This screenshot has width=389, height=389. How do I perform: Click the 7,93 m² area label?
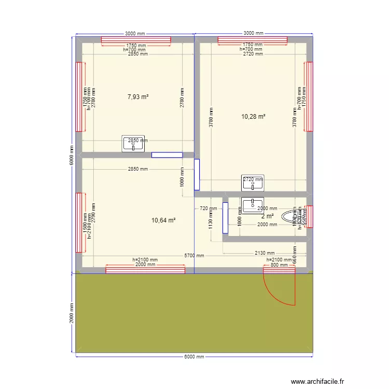[x=138, y=96]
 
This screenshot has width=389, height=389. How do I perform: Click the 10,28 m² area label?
[x=253, y=117]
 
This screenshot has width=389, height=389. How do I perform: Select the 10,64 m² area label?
[x=163, y=220]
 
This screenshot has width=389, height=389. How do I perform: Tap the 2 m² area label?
[x=267, y=216]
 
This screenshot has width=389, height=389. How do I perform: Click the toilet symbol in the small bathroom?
[x=289, y=216]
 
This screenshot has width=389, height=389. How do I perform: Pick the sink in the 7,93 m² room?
[x=133, y=145]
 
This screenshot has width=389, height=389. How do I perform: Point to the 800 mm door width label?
[x=278, y=265]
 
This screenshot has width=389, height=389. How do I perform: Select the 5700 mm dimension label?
[x=194, y=256]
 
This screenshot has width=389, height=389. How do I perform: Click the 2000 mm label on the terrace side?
[x=72, y=313]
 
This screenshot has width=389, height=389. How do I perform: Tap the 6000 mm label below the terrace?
[x=194, y=357]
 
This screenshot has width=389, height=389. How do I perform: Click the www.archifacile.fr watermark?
[x=318, y=381]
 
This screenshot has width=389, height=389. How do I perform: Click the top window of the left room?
[x=135, y=40]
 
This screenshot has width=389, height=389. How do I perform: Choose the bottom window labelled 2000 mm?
[x=145, y=269]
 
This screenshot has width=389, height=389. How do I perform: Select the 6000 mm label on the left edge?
[x=72, y=155]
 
